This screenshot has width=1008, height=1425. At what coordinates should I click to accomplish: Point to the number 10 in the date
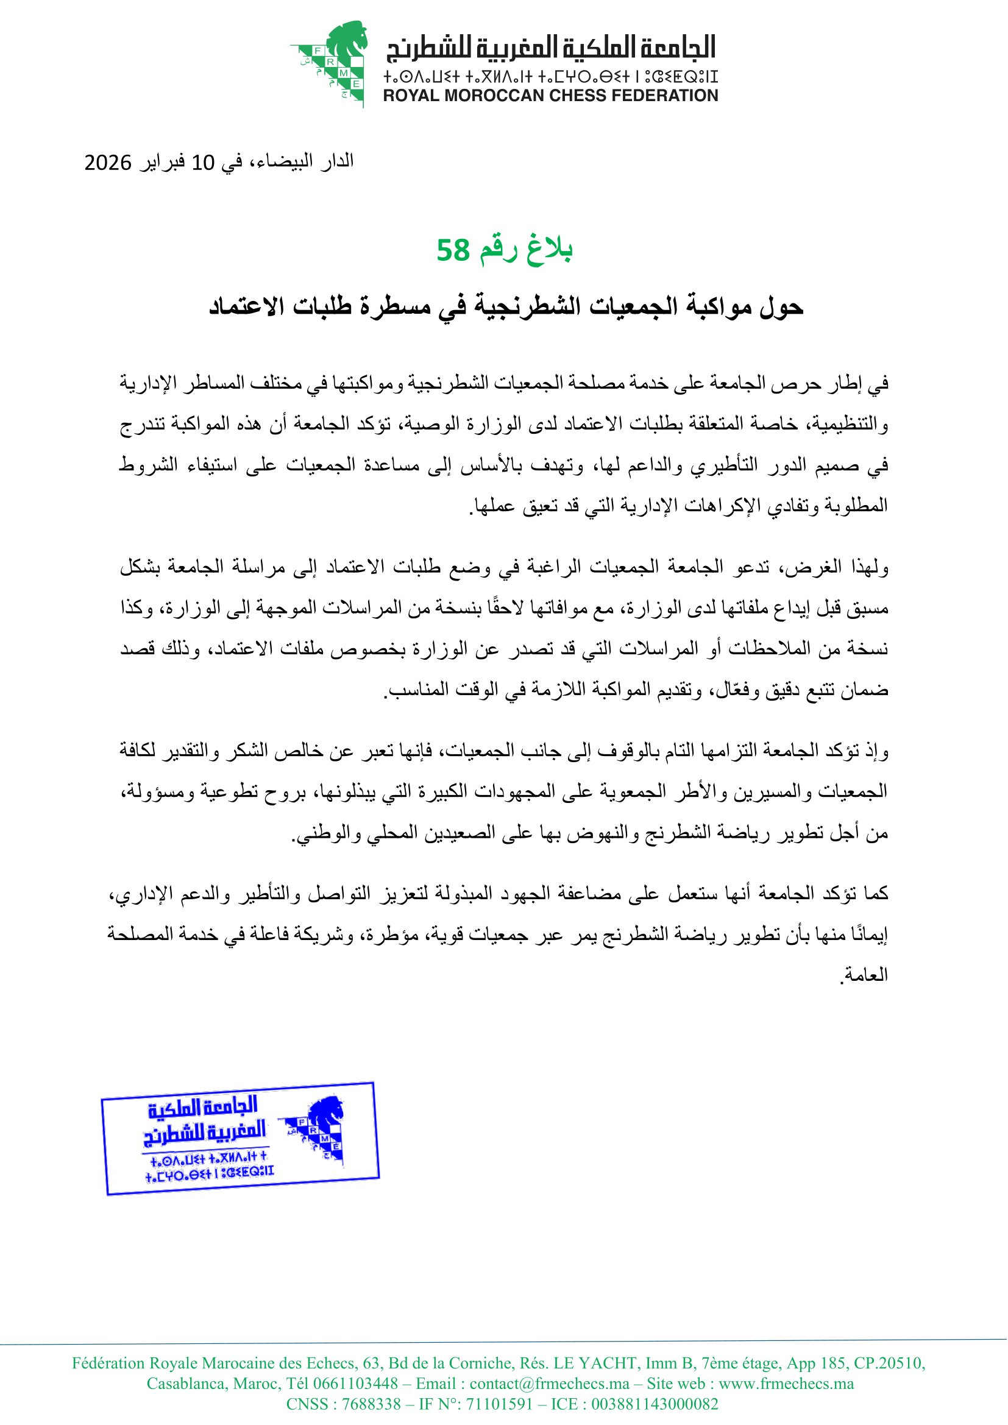(203, 163)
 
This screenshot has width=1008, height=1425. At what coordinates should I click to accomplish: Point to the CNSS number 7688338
(371, 1404)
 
